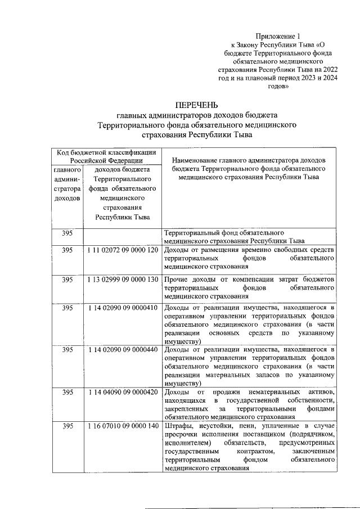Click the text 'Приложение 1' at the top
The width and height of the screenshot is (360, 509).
point(271,35)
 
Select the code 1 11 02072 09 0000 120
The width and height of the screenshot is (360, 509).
point(122,250)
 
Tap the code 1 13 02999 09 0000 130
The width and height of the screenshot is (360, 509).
point(122,280)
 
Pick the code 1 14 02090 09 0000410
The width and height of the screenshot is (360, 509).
point(122,308)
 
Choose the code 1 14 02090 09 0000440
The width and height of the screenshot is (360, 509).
point(122,350)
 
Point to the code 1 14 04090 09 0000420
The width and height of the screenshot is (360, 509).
point(122,391)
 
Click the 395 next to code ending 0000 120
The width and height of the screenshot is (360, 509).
point(67,250)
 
